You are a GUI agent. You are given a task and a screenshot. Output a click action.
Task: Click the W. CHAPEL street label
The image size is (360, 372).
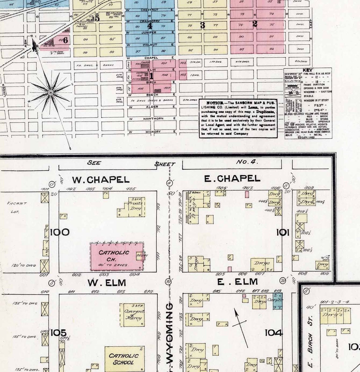click(101, 180)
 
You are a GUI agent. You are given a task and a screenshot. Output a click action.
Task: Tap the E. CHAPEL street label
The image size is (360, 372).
click(232, 179)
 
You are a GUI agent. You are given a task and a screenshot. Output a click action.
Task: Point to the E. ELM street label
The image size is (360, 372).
click(237, 282)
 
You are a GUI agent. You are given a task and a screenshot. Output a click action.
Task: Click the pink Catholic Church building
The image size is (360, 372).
click(117, 256)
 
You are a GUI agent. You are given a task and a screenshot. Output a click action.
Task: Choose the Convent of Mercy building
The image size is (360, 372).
click(134, 315)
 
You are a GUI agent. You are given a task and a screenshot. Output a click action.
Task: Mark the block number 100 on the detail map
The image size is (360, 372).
click(60, 233)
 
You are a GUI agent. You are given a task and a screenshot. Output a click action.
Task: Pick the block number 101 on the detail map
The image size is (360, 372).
click(283, 233)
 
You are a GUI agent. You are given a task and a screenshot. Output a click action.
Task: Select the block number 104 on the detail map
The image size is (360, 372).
click(273, 332)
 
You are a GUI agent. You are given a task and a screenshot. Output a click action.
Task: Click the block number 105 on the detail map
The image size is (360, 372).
click(59, 332)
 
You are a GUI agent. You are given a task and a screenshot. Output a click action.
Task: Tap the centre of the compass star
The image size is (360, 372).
click(51, 92)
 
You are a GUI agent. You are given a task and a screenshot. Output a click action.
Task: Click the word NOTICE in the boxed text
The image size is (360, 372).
click(214, 103)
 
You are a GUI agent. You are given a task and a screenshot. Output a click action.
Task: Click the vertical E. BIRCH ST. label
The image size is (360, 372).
click(310, 343)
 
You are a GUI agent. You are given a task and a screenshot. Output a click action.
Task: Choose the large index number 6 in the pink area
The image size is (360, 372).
click(65, 40)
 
